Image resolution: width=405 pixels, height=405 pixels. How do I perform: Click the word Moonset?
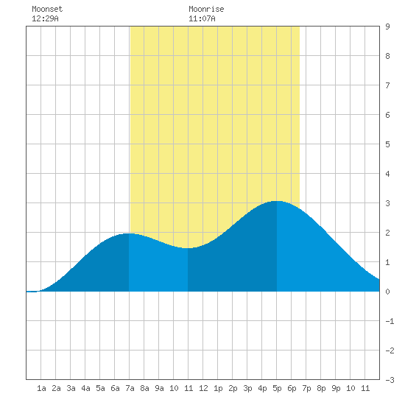click(47, 9)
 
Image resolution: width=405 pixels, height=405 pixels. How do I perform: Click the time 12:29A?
click(45, 18)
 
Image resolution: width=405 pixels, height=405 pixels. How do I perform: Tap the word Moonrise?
click(206, 9)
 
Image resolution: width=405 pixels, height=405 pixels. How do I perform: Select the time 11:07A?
click(202, 18)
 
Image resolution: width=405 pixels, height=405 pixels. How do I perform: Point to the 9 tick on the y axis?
click(387, 27)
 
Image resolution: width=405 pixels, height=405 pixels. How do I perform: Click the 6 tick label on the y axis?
click(387, 115)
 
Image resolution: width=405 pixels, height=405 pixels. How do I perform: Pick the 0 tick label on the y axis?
click(387, 292)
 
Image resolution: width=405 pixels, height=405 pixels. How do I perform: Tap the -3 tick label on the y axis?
click(390, 380)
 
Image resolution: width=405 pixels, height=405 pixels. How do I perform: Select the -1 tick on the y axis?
click(390, 321)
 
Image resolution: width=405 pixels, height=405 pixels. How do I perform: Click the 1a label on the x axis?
click(41, 388)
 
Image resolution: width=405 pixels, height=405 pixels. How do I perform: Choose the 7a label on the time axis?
click(130, 388)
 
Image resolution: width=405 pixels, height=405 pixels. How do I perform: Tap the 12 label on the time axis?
click(203, 388)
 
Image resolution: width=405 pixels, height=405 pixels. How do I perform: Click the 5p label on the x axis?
click(277, 388)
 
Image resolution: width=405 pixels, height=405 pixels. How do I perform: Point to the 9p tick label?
click(336, 388)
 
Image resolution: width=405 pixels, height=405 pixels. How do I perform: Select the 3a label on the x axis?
click(71, 388)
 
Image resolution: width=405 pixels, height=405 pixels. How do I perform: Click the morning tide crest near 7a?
click(129, 233)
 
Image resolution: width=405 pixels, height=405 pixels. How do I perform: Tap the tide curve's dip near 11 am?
click(188, 248)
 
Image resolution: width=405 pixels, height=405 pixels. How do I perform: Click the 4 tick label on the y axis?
click(387, 174)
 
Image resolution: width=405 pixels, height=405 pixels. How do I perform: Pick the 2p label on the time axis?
click(233, 388)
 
